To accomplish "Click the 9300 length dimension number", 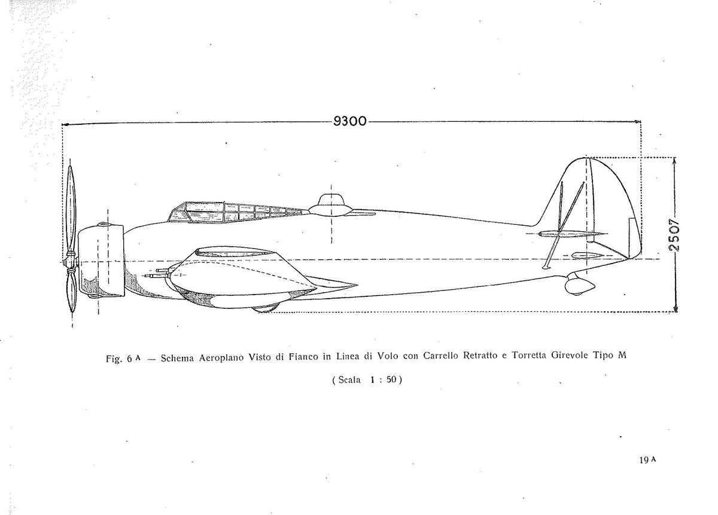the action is click(349, 121).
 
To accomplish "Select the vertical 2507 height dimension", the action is click(674, 235).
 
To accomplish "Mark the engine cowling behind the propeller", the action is click(101, 260).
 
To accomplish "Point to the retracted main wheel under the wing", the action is click(264, 308).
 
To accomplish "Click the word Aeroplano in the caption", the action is click(221, 357).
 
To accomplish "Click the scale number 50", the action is click(391, 379).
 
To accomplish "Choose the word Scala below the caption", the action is click(349, 380).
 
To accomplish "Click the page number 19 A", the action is click(648, 460).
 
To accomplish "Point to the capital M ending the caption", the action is click(622, 355).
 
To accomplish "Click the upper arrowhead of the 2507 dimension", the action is click(675, 161).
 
